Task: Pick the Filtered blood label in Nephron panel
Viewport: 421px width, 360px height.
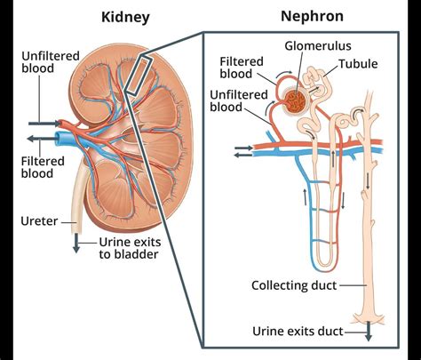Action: pyautogui.click(x=245, y=67)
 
